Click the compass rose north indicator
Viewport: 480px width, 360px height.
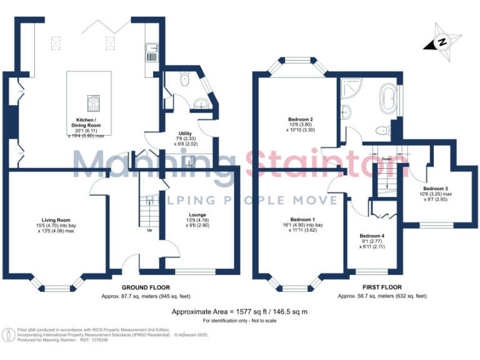[442, 42]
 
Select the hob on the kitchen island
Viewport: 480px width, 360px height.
[93, 102]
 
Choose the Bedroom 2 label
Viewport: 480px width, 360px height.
[301, 119]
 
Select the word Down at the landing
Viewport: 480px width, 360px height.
[387, 159]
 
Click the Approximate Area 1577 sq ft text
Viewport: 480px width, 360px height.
[240, 311]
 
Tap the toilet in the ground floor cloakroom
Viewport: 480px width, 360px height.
[184, 80]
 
